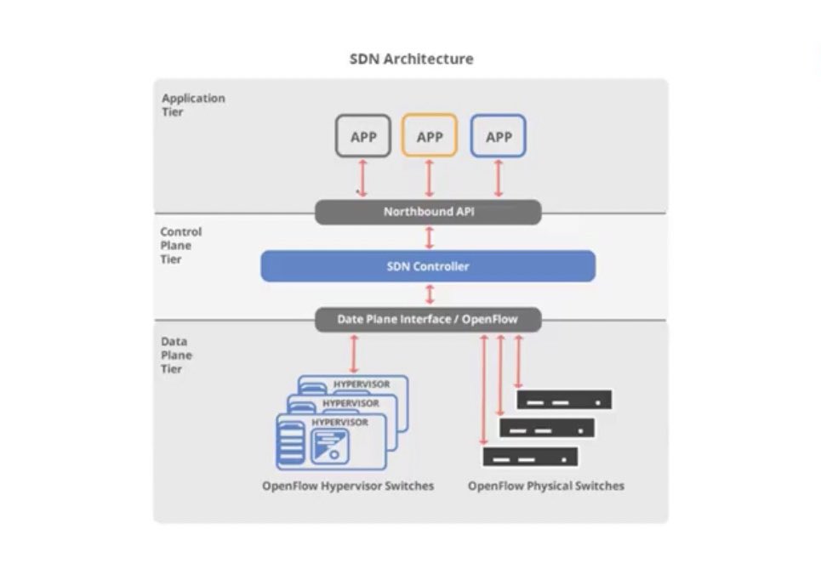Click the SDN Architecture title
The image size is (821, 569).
412,59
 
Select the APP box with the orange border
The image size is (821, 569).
430,135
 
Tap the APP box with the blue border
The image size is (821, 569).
498,135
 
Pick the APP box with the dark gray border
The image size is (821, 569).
362,135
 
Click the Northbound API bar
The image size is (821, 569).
428,212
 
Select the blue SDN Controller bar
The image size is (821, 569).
428,266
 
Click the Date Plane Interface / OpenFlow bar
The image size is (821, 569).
428,319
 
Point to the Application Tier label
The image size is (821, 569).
193,105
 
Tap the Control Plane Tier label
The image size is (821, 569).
180,245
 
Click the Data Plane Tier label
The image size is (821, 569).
176,355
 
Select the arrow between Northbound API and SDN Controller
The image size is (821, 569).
430,237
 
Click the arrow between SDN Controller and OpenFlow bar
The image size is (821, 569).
430,294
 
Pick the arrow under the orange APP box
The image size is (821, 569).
430,179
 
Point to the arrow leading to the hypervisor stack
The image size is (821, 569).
354,355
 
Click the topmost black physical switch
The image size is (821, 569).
564,400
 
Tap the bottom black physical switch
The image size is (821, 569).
530,457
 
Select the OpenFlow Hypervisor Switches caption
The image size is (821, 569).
348,486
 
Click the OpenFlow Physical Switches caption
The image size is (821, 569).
546,486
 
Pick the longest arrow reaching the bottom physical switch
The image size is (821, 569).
484,390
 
